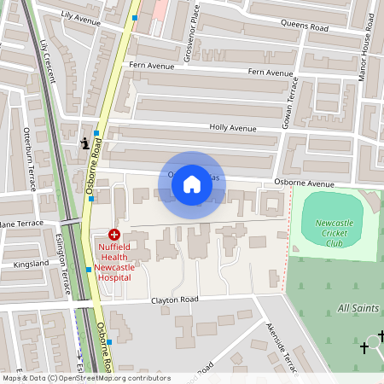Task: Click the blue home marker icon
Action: pos(192,184)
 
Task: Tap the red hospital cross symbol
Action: pos(113,233)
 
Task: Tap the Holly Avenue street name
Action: pos(233,128)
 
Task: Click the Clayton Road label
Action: pos(175,300)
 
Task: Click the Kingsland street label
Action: pos(31,265)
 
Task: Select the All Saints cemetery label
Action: pos(358,307)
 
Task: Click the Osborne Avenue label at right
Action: pos(305,183)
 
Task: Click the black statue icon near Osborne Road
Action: pos(84,143)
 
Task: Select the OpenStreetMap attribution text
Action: pos(85,378)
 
